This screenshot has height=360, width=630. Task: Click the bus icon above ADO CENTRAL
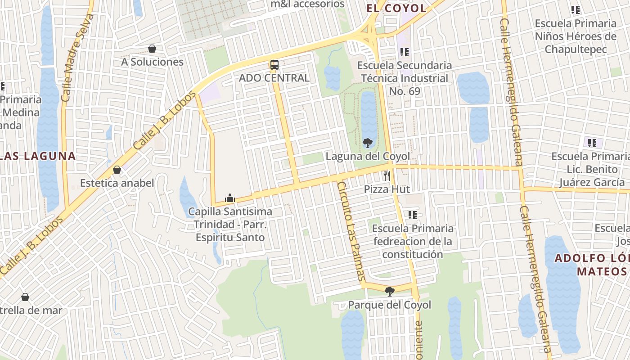(x=274, y=65)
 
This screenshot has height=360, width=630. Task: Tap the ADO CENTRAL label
(x=274, y=78)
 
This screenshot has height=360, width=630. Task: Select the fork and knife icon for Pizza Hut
(x=387, y=175)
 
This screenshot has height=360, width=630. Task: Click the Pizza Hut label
(x=387, y=189)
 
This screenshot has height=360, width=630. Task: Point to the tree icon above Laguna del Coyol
(x=367, y=143)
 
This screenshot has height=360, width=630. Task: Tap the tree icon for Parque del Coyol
(x=390, y=291)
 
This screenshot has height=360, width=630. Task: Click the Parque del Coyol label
(x=390, y=305)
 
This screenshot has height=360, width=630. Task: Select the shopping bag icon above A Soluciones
(x=152, y=49)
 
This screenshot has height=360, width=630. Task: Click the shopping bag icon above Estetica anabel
(x=117, y=170)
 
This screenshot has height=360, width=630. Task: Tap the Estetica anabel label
(x=117, y=183)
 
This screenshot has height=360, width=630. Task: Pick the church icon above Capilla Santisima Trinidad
(x=230, y=198)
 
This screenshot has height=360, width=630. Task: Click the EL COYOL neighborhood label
(x=396, y=8)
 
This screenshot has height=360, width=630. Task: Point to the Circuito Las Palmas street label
(x=351, y=232)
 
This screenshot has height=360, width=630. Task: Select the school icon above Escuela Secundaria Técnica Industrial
(x=405, y=52)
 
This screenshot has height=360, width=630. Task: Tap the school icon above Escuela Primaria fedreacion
(x=413, y=215)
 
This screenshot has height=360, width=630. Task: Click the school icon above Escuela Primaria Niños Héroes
(x=575, y=9)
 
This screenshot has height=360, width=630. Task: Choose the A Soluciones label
(x=152, y=62)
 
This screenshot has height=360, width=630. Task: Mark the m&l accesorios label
(x=307, y=4)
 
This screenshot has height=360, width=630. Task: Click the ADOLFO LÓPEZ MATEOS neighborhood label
(x=592, y=265)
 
